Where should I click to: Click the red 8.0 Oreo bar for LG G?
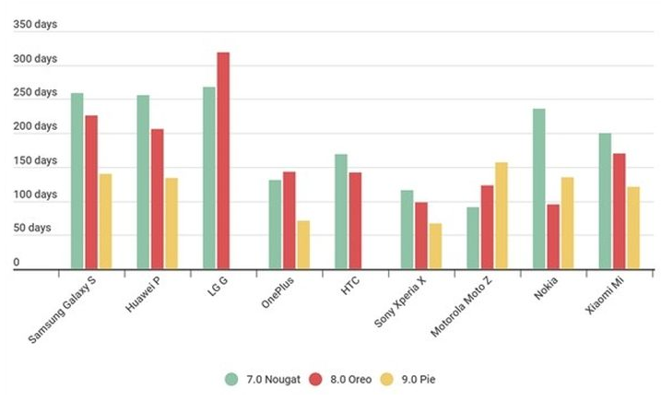click(223, 161)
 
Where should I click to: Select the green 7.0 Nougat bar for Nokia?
click(538, 189)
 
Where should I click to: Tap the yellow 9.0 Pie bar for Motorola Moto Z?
click(502, 216)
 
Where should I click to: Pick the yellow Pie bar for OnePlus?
click(303, 244)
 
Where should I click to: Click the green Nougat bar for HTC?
click(341, 211)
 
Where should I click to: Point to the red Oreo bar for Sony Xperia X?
click(421, 235)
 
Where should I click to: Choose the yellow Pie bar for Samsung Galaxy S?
click(105, 221)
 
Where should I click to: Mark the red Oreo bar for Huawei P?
click(158, 199)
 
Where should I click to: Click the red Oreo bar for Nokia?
click(553, 236)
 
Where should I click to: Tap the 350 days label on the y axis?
click(35, 24)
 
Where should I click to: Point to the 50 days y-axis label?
click(35, 228)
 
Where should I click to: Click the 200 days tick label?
click(35, 126)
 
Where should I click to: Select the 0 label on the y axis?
click(16, 262)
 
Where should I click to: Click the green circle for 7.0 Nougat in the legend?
click(232, 378)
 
